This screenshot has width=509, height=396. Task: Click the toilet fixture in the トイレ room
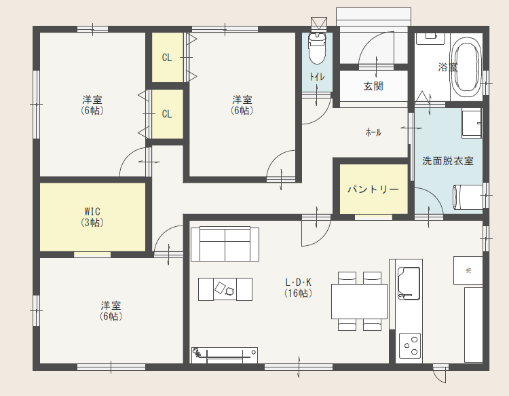coord(317,48)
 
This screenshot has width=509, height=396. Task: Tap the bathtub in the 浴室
coord(468,67)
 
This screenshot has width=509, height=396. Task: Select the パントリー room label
coord(373,189)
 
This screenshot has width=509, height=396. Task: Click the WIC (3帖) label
coord(92,217)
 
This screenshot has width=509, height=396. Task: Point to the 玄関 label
coord(373,86)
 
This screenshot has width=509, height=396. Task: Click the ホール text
coord(373,132)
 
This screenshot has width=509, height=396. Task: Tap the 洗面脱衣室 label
coord(448,161)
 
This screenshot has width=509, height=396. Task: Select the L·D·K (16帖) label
coord(299,287)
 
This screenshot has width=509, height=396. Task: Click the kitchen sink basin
coord(409,283)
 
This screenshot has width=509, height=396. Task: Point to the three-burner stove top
coord(410,346)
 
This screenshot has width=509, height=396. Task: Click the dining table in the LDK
coord(359,301)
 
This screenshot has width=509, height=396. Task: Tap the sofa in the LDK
coord(225,244)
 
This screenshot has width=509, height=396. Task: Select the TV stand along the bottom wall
coord(225,355)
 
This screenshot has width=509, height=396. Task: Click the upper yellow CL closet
coord(168,58)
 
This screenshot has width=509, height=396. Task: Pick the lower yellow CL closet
coord(168,114)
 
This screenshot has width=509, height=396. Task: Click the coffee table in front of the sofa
coord(225,289)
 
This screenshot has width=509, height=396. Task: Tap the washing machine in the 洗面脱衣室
coord(468,198)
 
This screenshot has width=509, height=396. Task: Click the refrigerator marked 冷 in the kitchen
coord(468,270)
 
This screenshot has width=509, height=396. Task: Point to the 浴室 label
coord(448,67)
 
